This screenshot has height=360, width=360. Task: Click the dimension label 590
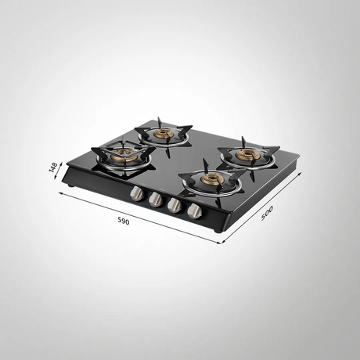pyautogui.click(x=124, y=221)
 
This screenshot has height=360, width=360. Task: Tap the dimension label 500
pyautogui.click(x=267, y=213)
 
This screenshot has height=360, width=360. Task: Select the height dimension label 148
pyautogui.click(x=53, y=167)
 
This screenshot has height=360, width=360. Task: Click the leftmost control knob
pyautogui.click(x=137, y=194)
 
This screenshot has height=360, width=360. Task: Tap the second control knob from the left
pyautogui.click(x=155, y=200)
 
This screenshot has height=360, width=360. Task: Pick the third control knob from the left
pyautogui.click(x=175, y=205)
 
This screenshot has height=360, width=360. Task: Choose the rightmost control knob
pyautogui.click(x=195, y=211)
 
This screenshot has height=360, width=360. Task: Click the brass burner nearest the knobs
pyautogui.click(x=211, y=179)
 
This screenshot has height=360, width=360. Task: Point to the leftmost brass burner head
pyautogui.click(x=124, y=155)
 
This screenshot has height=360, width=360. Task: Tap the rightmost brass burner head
pyautogui.click(x=247, y=155)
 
